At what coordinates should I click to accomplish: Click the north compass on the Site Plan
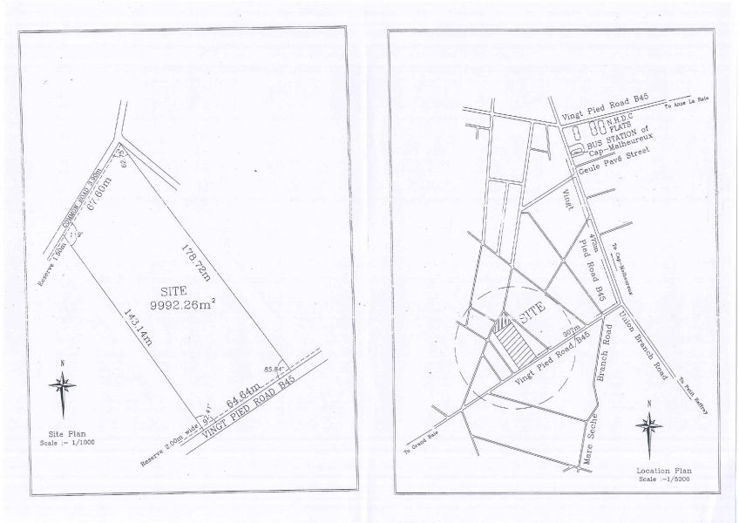(62, 384)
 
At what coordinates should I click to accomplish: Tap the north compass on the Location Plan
(647, 425)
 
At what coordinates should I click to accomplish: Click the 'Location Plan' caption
(658, 471)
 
